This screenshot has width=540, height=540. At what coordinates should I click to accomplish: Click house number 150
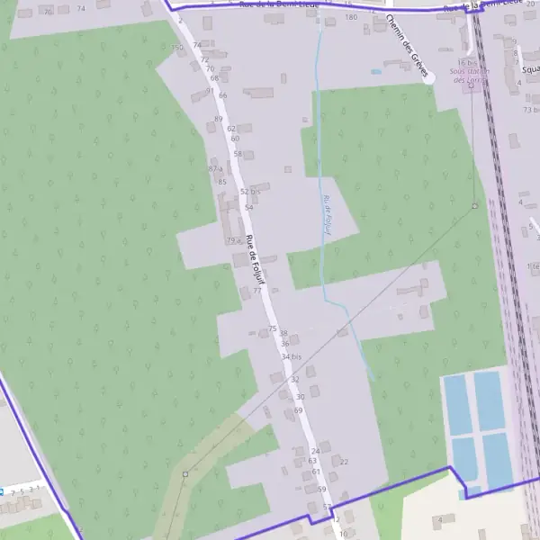pos(176,47)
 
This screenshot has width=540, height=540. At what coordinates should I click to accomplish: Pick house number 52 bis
pos(250,192)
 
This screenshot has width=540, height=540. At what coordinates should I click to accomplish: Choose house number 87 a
pos(215,169)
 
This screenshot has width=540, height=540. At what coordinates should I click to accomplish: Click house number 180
pos(351,17)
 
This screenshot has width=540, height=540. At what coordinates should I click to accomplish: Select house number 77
pos(257,291)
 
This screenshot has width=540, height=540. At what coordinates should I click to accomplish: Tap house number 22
pos(343,462)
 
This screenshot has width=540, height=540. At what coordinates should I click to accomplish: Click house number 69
pos(299,410)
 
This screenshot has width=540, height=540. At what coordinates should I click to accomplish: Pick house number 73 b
pos(530,109)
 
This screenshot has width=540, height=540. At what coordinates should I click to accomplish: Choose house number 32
pos(294,380)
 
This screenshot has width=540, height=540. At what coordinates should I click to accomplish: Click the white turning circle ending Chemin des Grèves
pos(429,78)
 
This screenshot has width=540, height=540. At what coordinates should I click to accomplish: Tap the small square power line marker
pos(185,473)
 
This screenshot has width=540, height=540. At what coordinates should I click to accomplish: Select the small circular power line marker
pos(474,206)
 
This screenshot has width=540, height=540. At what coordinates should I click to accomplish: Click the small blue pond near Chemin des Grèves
pos(375,71)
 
